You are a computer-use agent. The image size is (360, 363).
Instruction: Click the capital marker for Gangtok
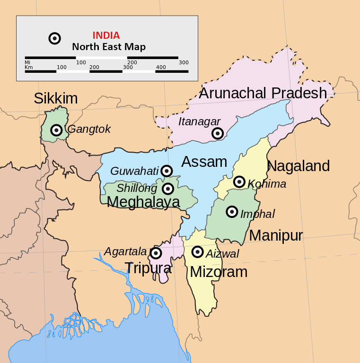(x=57, y=130)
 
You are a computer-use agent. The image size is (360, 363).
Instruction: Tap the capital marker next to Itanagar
(x=217, y=133)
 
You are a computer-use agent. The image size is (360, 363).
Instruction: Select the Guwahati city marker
(x=167, y=171)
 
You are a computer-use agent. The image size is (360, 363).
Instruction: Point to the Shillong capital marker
(x=167, y=189)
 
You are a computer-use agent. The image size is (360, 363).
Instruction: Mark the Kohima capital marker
(x=239, y=182)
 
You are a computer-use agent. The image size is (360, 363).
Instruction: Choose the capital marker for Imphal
(x=232, y=212)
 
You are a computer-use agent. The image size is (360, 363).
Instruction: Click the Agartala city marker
(x=156, y=253)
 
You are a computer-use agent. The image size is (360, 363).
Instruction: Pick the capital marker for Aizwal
(x=198, y=251)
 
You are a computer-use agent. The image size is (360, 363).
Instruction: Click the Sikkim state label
(x=55, y=98)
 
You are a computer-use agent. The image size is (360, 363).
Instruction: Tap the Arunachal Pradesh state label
(x=263, y=93)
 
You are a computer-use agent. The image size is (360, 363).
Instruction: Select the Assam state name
(x=204, y=162)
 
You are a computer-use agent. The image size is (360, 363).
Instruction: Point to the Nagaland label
(x=298, y=166)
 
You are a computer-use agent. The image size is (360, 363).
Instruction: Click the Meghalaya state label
(x=143, y=202)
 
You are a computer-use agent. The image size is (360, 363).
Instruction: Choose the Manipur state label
(x=276, y=235)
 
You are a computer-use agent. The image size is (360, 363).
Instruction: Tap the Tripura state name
(x=148, y=268)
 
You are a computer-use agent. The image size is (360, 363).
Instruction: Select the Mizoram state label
(x=219, y=272)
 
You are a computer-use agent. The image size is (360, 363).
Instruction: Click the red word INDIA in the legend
(x=106, y=35)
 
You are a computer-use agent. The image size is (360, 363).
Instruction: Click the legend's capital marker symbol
(x=54, y=38)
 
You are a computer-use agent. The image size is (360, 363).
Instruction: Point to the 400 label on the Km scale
(x=161, y=67)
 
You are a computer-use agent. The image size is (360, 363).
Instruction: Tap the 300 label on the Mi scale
(x=184, y=62)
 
